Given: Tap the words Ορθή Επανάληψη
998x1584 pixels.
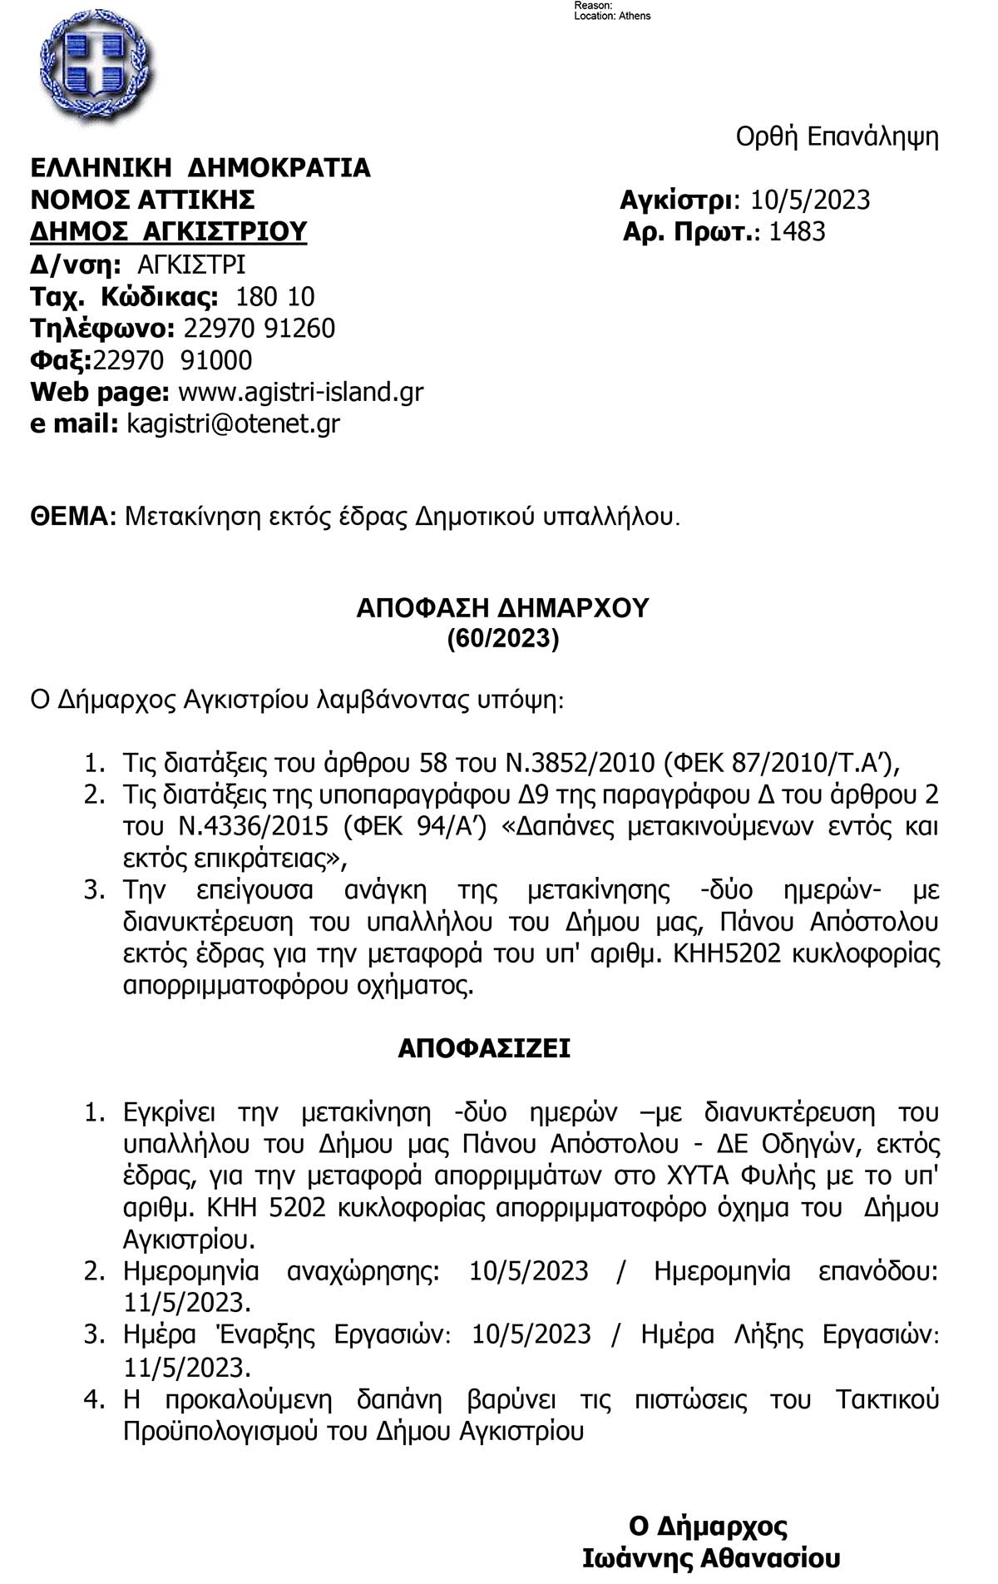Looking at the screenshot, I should pos(837,137).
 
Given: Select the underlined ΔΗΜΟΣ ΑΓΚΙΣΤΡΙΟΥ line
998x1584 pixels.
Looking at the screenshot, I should pos(169,231).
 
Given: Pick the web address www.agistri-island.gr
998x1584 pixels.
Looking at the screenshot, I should pos(301,392).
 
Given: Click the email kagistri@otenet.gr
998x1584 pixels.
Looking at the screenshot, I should pos(233,423).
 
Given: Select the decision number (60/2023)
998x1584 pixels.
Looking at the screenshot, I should pos(502,638).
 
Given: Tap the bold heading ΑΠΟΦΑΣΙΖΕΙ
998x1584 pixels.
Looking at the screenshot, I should pos(484,1048).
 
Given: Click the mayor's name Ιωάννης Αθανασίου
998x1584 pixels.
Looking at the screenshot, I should pos(711,1558).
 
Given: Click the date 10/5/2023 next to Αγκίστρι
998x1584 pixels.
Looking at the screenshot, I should pos(810,200).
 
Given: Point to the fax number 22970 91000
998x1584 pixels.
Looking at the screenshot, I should pos(173,360).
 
